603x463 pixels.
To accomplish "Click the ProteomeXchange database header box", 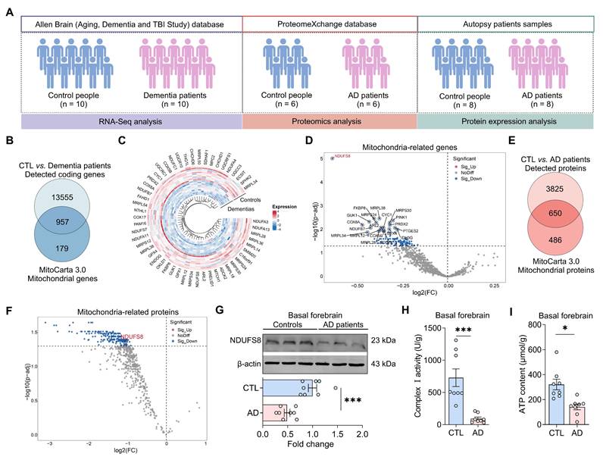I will pos(329,25).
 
